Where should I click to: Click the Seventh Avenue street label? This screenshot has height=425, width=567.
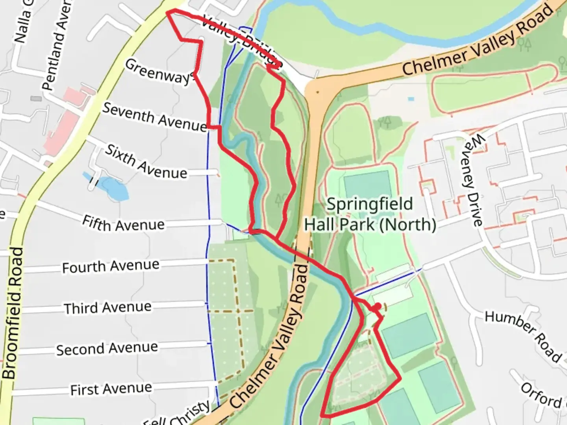coord(154,117)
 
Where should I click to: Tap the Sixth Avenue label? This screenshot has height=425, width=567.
coord(146,162)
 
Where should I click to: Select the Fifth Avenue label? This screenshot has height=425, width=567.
coord(123,224)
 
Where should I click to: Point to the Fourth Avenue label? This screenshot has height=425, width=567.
coord(111,266)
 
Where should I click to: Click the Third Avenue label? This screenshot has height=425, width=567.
coord(107,308)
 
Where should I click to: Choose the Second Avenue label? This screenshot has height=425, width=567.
coord(107,349)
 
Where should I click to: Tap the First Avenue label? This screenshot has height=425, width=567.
coord(111,389)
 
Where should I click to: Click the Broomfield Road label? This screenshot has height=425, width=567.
coord(13,313)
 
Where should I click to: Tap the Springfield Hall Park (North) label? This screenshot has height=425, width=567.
coord(370,214)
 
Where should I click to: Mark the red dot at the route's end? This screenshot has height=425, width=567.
coord(377,306)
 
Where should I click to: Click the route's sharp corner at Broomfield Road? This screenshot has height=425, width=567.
coord(168,13)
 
